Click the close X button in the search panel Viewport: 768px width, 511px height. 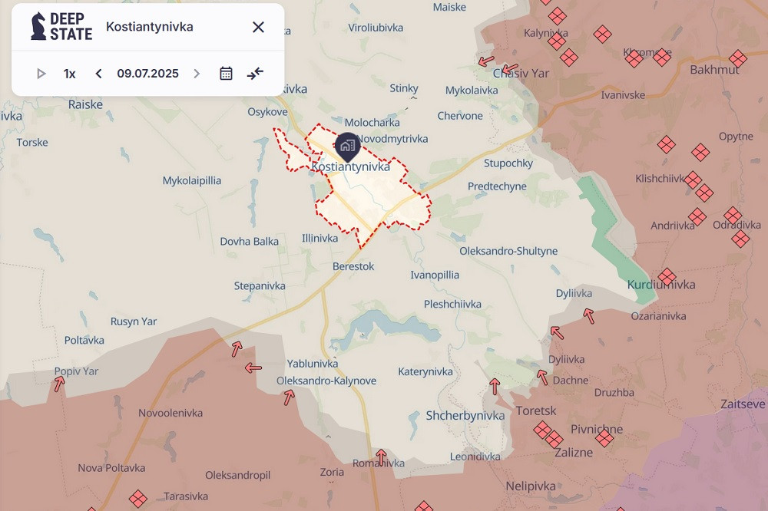click(x=258, y=28)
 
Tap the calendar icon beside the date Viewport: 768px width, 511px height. click(x=226, y=74)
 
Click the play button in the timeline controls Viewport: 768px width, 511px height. click(x=41, y=74)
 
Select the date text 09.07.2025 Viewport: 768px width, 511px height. click(x=147, y=74)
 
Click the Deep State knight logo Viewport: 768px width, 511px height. click(x=38, y=26)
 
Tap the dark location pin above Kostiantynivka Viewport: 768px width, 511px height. click(x=347, y=144)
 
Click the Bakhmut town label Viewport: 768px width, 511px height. click(x=714, y=70)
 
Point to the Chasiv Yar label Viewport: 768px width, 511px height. click(x=521, y=74)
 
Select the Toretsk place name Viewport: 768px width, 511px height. click(x=536, y=410)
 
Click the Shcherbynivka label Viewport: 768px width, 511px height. click(x=465, y=416)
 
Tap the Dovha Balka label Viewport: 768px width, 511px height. click(x=250, y=241)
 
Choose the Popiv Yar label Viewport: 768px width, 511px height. click(x=76, y=371)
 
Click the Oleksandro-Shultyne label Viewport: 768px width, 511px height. click(x=508, y=251)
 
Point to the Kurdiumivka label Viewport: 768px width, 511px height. click(x=661, y=285)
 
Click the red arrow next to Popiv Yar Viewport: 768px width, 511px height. click(x=58, y=384)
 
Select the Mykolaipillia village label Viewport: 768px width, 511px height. click(x=192, y=181)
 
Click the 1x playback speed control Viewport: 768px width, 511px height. click(x=70, y=74)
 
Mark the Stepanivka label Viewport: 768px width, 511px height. click(x=260, y=286)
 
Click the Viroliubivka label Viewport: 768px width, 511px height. click(x=376, y=28)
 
